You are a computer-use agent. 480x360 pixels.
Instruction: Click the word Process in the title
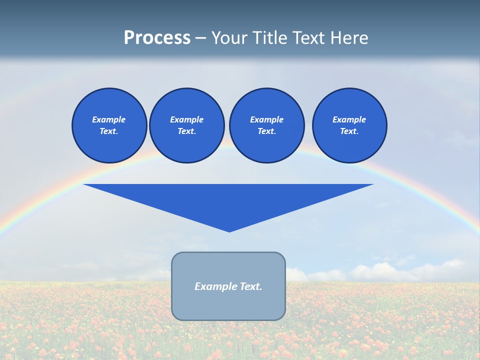[157, 38]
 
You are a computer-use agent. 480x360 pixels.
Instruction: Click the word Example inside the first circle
[109, 119]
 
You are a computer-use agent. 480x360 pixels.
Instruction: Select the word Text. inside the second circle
[186, 131]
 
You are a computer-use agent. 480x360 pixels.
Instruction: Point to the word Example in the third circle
[266, 119]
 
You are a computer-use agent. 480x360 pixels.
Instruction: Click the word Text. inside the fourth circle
[349, 131]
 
